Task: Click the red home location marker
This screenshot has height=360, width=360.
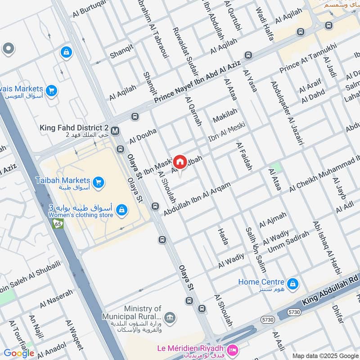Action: [x=180, y=162]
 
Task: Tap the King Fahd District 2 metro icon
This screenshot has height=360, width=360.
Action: [x=115, y=130]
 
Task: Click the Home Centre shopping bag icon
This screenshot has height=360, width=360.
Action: [x=293, y=284]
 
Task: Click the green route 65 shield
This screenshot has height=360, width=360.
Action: [x=58, y=223]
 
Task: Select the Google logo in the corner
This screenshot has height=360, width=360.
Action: [x=19, y=353]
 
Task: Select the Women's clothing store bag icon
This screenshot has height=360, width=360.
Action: [x=121, y=210]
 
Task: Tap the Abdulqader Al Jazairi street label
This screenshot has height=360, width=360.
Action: [x=287, y=112]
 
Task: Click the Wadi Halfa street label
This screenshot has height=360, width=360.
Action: [x=265, y=24]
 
